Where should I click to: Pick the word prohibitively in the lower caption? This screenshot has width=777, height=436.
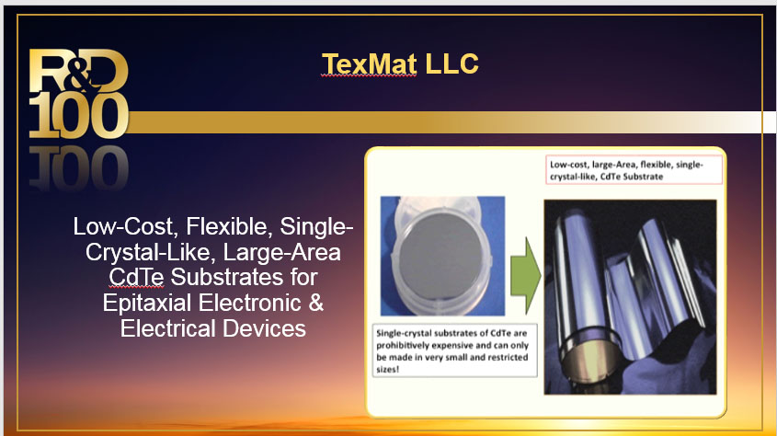[x=409, y=344]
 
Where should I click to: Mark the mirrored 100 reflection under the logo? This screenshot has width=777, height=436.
[x=78, y=166]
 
